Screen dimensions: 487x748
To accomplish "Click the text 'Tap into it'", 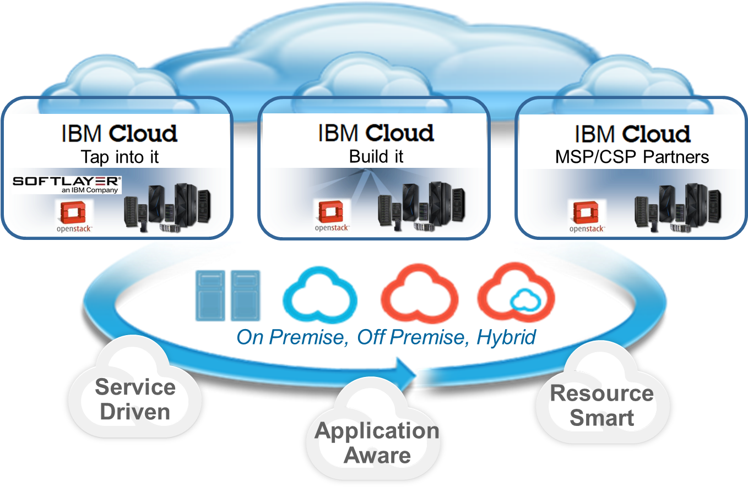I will (x=120, y=157).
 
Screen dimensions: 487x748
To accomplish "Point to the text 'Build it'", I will (x=376, y=156).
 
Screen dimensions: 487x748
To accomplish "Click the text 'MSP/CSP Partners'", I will (x=632, y=157).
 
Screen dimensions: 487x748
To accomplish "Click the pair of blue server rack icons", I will (x=227, y=295).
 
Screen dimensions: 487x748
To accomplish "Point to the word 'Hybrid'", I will (x=506, y=337).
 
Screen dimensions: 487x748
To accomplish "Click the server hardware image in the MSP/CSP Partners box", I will (x=677, y=206).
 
